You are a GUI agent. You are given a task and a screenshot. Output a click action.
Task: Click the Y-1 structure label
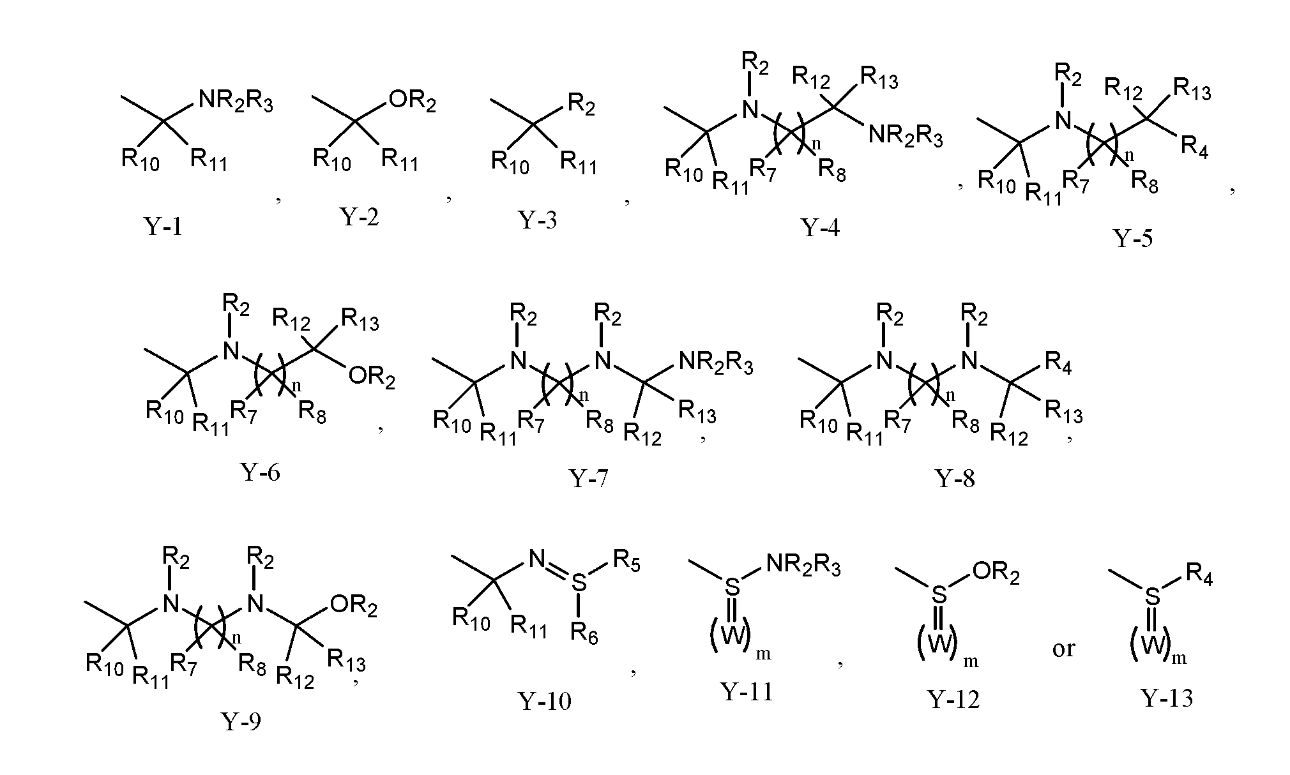click(x=163, y=226)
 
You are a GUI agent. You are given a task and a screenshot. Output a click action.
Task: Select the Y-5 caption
click(x=1133, y=238)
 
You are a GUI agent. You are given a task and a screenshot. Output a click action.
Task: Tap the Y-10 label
click(x=544, y=701)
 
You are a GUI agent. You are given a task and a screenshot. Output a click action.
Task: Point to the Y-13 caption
click(x=1166, y=698)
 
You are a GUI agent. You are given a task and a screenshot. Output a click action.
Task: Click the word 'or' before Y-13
click(x=1063, y=649)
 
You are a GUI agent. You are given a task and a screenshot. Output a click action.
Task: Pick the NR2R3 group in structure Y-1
click(x=236, y=102)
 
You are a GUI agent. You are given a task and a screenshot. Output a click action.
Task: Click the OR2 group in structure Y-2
click(x=413, y=102)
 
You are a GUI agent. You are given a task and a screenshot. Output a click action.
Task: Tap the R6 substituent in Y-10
click(x=584, y=633)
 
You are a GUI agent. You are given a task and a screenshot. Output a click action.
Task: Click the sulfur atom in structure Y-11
click(x=732, y=585)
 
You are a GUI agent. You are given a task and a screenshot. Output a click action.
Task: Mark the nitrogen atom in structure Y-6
click(x=231, y=350)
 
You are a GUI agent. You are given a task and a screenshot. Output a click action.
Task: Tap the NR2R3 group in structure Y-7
click(x=716, y=364)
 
